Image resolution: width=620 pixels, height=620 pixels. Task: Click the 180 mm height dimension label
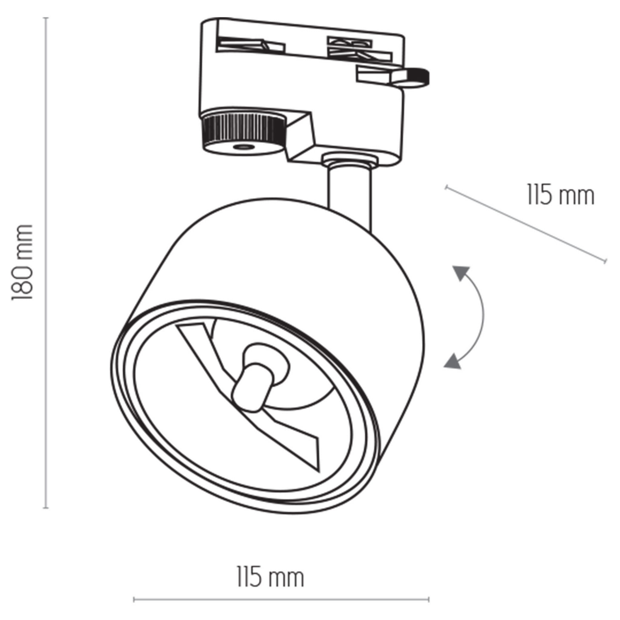pyautogui.click(x=22, y=262)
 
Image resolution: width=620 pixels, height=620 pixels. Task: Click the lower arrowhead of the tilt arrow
pyautogui.click(x=453, y=361)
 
